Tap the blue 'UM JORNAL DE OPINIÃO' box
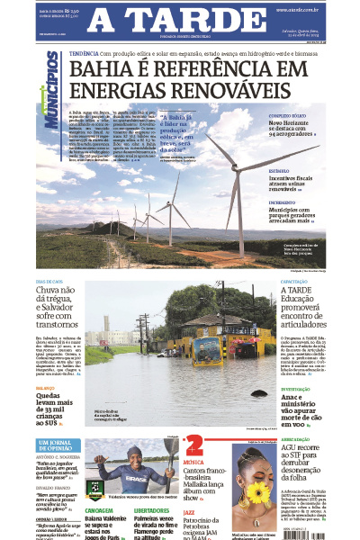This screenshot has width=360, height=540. pos(58,445)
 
